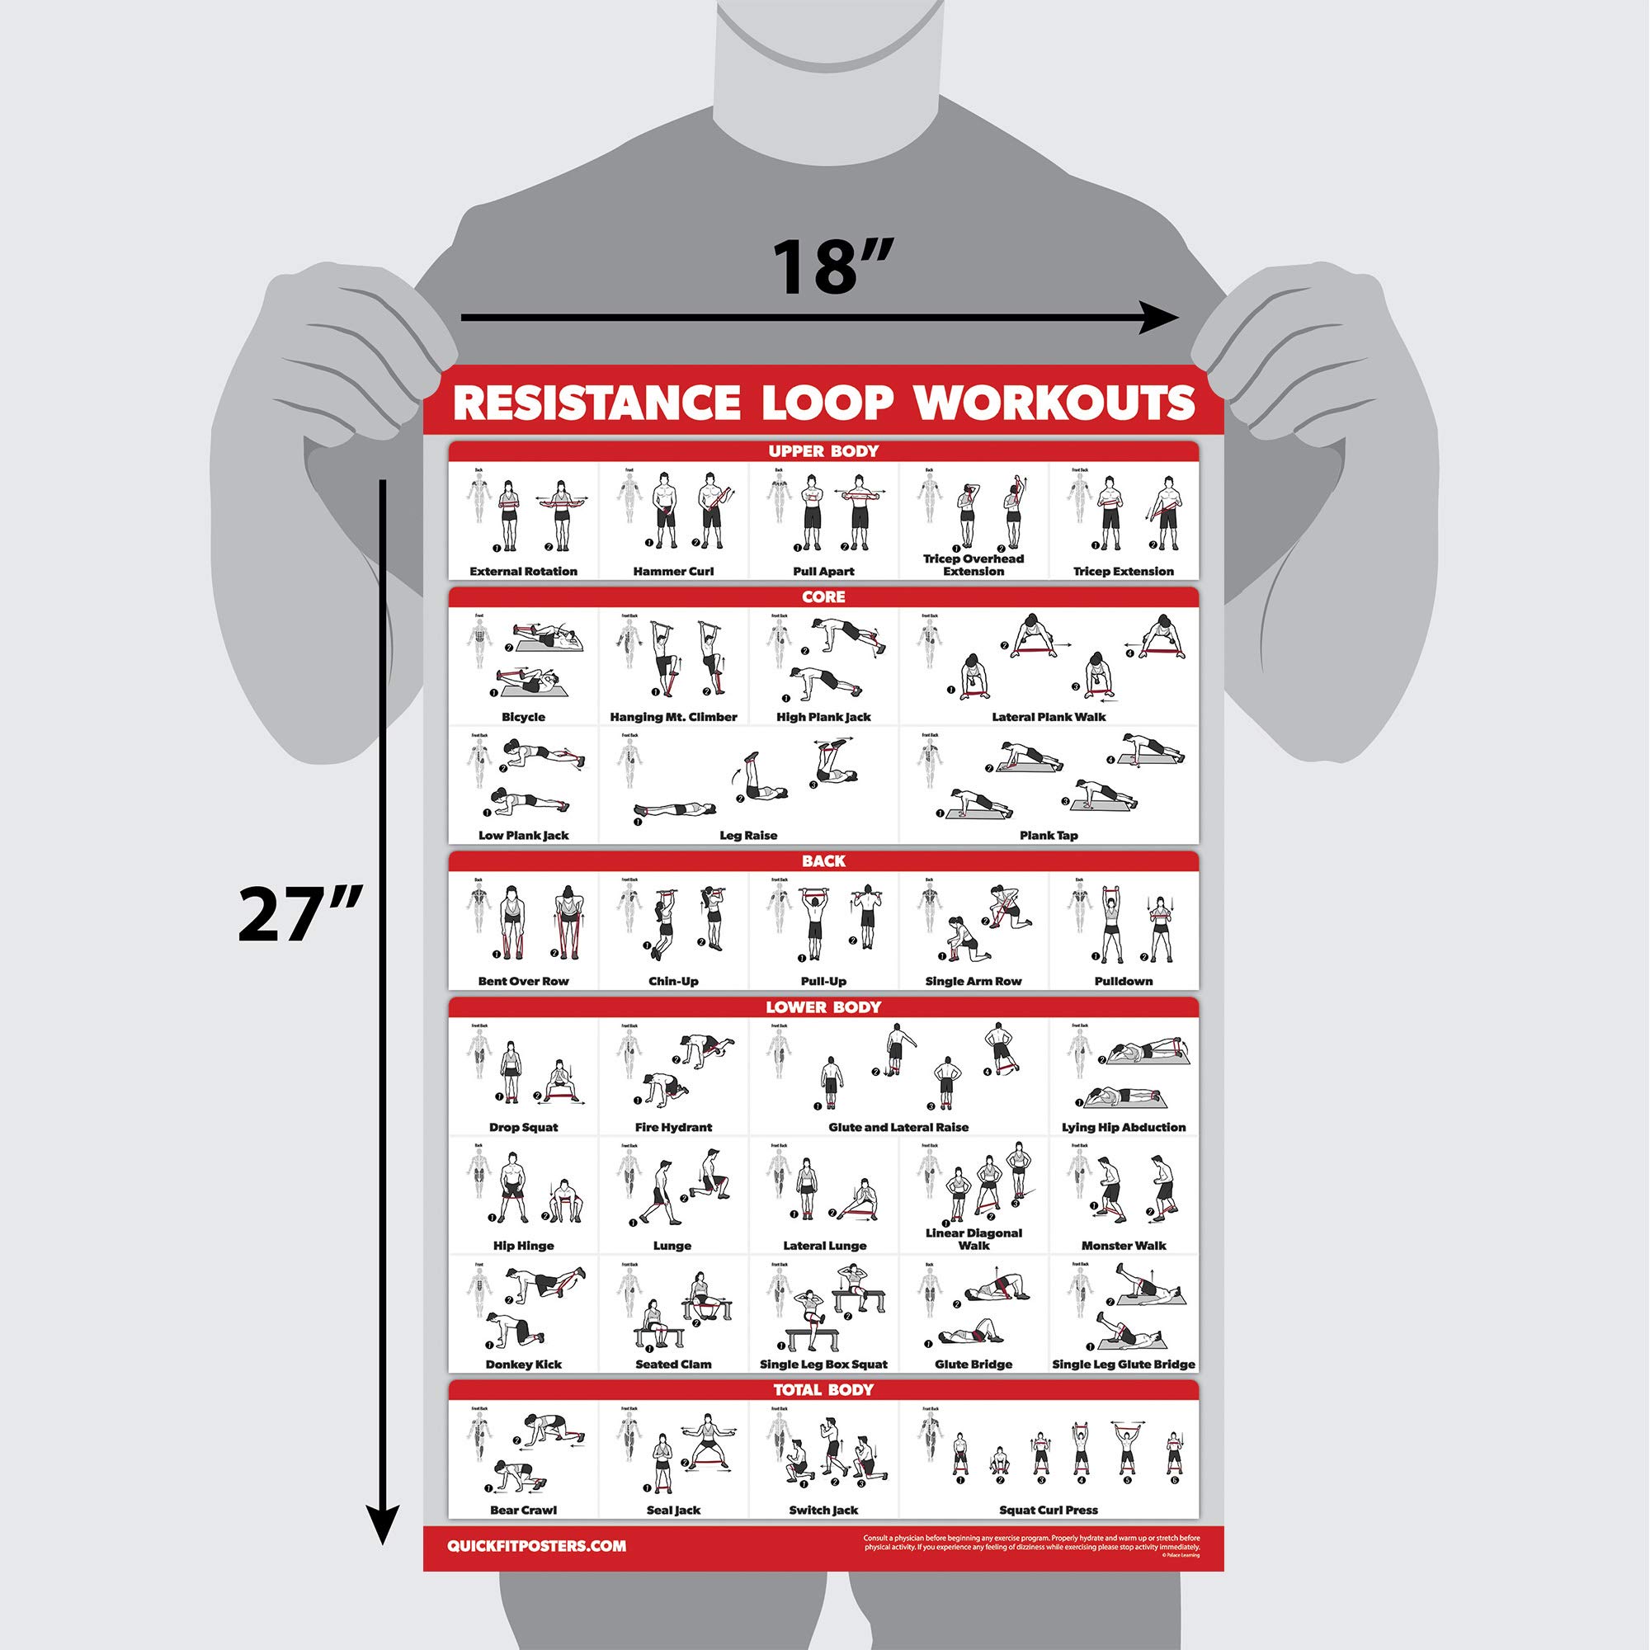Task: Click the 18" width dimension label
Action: click(832, 267)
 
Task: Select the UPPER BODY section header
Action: click(823, 451)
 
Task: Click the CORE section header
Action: click(823, 596)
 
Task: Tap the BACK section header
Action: click(823, 860)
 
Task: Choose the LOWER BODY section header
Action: click(823, 1006)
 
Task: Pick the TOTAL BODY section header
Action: click(823, 1389)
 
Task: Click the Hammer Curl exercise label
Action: click(673, 572)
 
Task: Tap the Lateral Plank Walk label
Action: click(1048, 717)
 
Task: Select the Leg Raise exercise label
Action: click(748, 835)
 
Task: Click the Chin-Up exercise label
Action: click(673, 980)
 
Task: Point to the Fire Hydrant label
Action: click(673, 1126)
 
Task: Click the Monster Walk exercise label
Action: click(1123, 1245)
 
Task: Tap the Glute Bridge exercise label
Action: click(973, 1364)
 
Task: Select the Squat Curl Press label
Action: click(1048, 1510)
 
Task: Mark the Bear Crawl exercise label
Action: click(523, 1510)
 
